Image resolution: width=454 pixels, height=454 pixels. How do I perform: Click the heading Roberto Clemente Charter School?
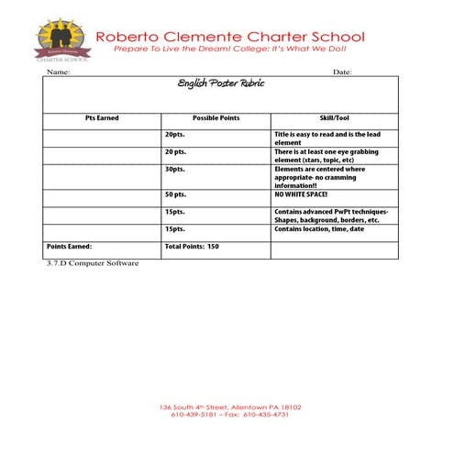click(230, 37)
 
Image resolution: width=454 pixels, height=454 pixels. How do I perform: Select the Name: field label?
click(58, 72)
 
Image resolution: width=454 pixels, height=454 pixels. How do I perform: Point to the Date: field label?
click(342, 72)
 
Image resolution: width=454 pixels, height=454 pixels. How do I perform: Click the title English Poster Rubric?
click(220, 83)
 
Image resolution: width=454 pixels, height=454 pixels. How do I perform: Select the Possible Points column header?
click(216, 118)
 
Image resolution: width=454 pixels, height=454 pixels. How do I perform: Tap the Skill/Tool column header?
click(334, 118)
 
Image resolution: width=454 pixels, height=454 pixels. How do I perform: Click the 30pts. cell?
click(174, 169)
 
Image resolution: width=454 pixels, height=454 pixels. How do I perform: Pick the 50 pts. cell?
click(175, 194)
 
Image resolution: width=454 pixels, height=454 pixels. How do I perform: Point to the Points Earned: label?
click(70, 246)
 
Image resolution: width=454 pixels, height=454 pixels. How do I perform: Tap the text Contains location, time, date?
click(319, 228)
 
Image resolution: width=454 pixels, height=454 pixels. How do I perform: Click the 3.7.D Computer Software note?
click(92, 263)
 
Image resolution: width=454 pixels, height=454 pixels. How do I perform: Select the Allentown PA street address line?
click(230, 406)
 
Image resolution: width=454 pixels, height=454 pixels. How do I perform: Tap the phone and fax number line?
click(230, 415)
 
